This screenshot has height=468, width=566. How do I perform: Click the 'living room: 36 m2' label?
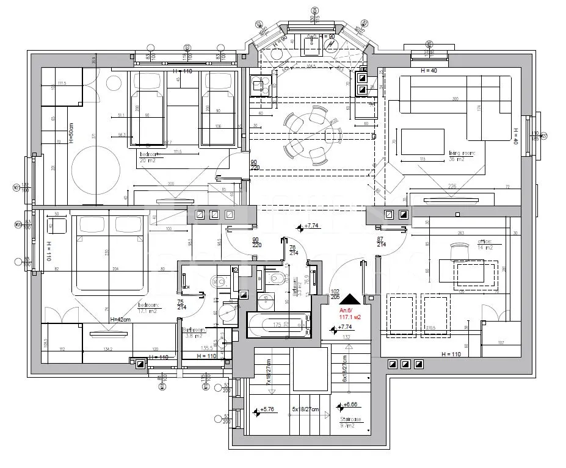coord(462,156)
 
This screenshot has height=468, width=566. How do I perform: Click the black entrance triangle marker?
coord(350,299)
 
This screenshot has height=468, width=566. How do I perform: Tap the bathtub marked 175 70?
coord(278,325)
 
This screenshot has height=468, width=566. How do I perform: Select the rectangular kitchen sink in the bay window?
coord(312,45)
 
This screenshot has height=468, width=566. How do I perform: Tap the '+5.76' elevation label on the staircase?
coord(267,411)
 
